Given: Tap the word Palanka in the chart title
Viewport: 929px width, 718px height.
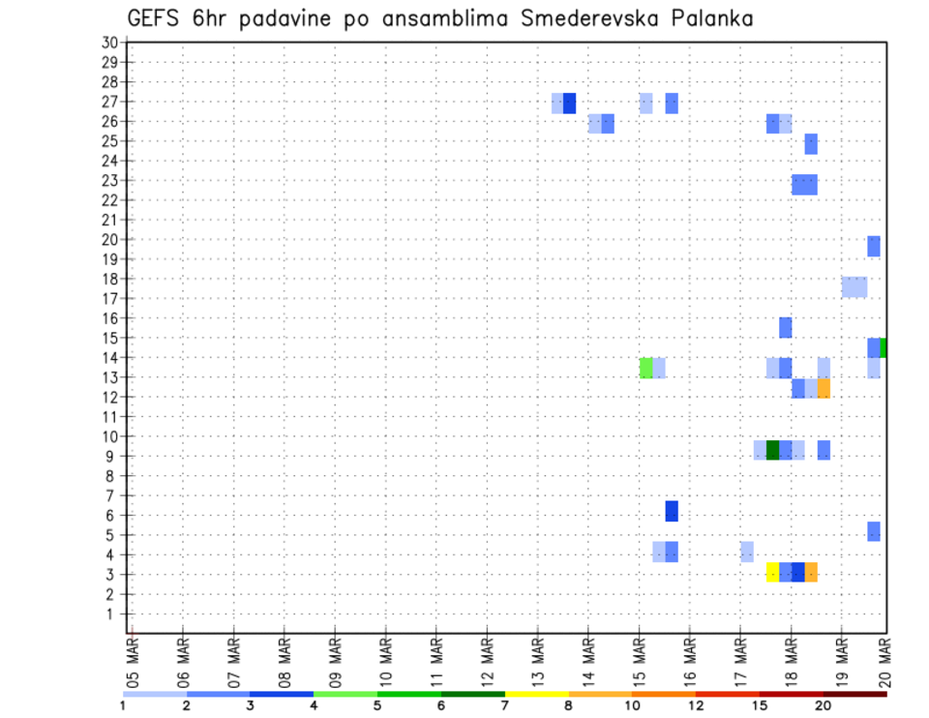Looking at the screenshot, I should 712,18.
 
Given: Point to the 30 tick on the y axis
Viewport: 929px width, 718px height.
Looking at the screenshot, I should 109,42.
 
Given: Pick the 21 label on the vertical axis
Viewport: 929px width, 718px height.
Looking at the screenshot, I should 109,220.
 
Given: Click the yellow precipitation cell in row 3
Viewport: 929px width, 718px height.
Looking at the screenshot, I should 772,572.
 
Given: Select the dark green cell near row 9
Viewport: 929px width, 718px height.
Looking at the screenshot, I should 772,450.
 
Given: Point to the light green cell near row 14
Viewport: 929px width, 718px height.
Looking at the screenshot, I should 645,368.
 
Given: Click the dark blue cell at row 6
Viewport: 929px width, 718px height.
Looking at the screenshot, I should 672,511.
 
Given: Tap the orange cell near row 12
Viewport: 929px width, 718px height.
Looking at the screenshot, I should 824,388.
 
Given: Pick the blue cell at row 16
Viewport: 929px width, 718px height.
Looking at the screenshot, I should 785,327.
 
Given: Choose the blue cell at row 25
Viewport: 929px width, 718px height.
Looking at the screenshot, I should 811,144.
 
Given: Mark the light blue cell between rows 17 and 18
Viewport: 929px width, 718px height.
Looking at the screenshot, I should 854,287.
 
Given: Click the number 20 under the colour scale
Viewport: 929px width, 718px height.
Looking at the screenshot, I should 824,705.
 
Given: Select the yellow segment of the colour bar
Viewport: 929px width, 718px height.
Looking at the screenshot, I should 537,694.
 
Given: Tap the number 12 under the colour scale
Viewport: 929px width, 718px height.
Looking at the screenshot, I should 697,705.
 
